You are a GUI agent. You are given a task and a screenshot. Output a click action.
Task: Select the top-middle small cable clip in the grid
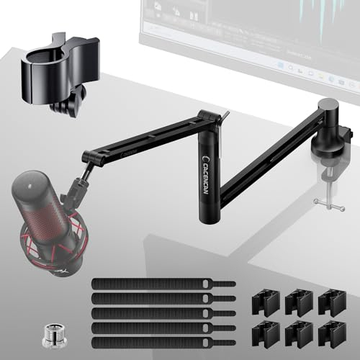[x=297, y=303]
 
